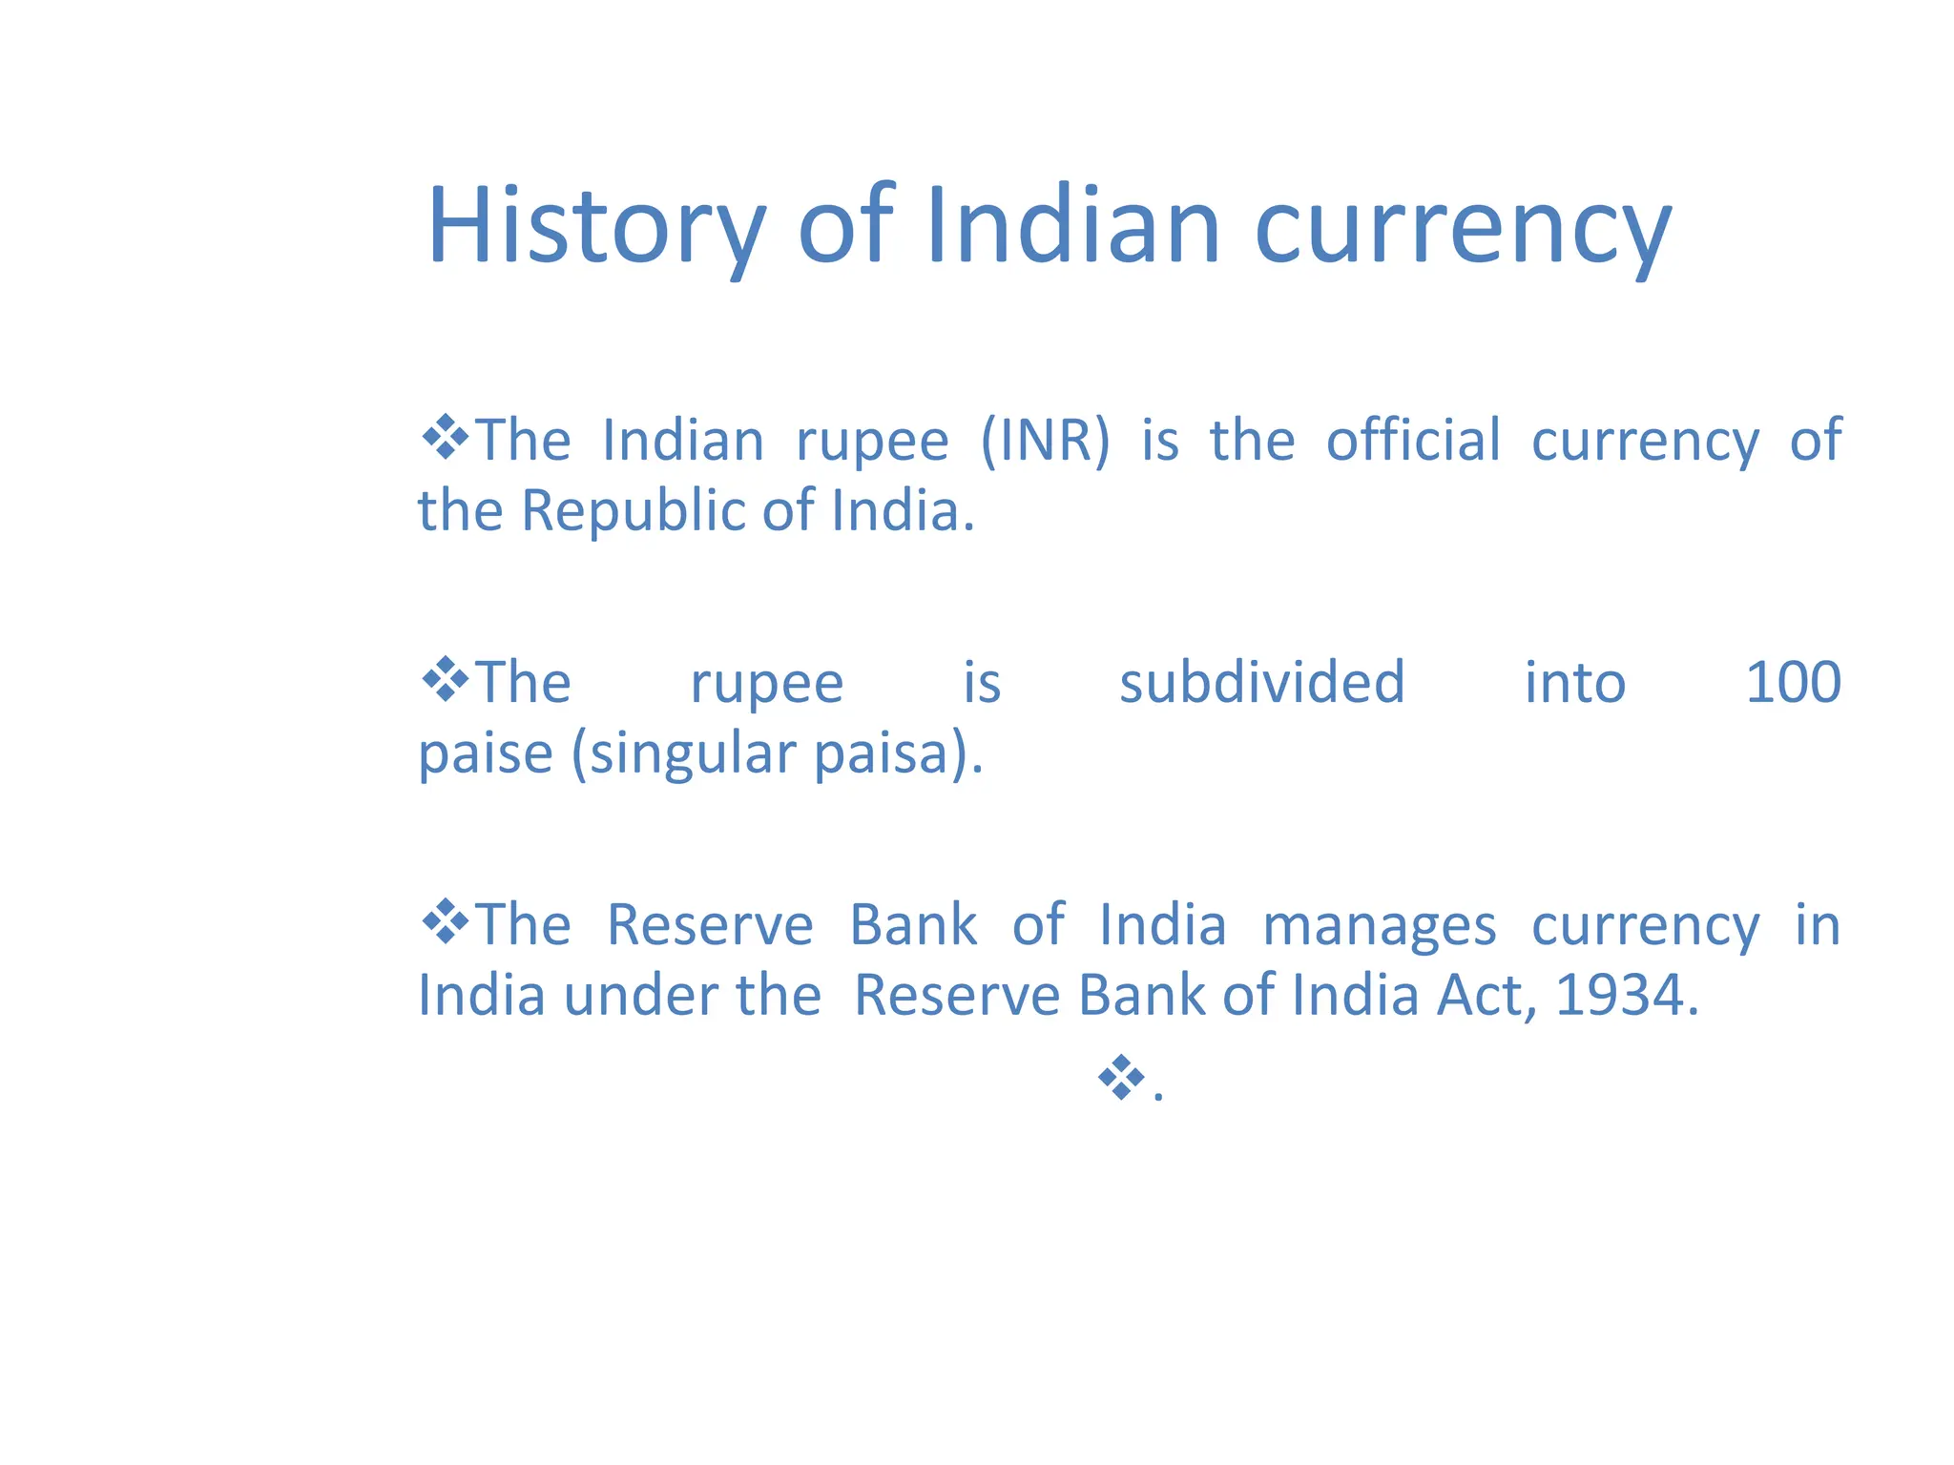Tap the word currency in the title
pyautogui.click(x=1463, y=229)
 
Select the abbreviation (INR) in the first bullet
pyautogui.click(x=1046, y=441)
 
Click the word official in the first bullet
pyautogui.click(x=1413, y=441)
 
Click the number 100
pyautogui.click(x=1793, y=683)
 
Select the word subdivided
pyautogui.click(x=1261, y=683)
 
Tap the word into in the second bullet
pyautogui.click(x=1574, y=683)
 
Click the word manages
pyautogui.click(x=1379, y=925)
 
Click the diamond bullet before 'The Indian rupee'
pyautogui.click(x=445, y=438)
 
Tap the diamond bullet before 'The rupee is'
pyautogui.click(x=445, y=680)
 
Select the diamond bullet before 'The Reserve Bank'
pyautogui.click(x=445, y=922)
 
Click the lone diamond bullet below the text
pyautogui.click(x=1121, y=1078)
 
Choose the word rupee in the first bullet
pyautogui.click(x=872, y=443)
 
